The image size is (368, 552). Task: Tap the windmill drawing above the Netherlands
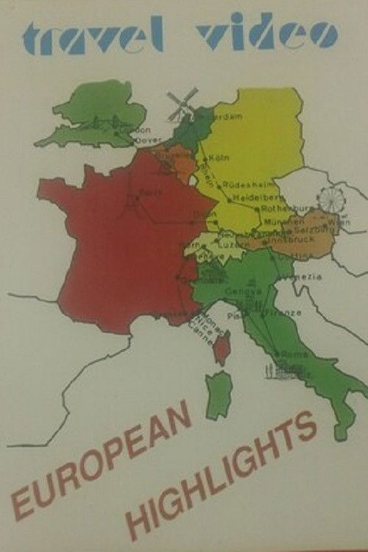[182, 103]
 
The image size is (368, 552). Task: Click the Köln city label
[219, 158]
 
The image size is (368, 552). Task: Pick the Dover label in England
[147, 140]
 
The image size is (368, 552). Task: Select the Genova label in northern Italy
[247, 292]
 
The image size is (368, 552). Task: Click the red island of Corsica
[222, 348]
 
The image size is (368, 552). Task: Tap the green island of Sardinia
[218, 394]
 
